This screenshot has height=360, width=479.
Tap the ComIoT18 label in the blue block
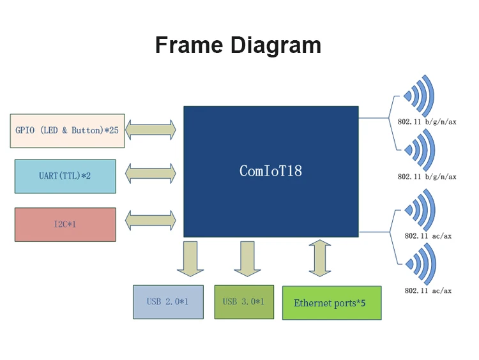click(271, 171)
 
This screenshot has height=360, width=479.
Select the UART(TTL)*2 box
click(65, 176)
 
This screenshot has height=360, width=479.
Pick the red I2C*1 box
click(65, 225)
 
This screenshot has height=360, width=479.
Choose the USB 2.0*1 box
click(168, 302)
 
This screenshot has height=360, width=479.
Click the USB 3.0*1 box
click(243, 302)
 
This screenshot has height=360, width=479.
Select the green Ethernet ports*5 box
click(331, 303)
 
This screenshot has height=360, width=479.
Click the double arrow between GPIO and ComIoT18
click(151, 130)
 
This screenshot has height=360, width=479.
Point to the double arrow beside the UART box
click(151, 173)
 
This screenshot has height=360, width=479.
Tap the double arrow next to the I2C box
click(151, 221)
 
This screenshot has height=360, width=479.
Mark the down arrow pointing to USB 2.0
click(190, 259)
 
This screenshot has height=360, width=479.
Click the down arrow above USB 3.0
click(247, 259)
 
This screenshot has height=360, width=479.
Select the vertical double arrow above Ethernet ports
click(319, 258)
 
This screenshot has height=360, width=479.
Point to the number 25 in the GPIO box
click(115, 130)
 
